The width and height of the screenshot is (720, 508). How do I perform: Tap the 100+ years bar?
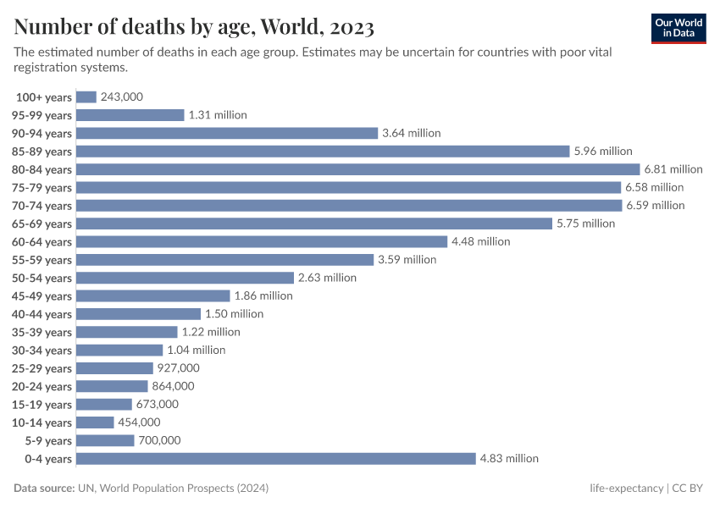click(87, 97)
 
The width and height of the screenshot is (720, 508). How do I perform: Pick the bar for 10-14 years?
click(96, 422)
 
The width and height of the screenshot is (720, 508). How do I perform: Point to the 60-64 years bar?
click(262, 241)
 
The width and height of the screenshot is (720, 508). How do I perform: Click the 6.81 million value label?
click(673, 169)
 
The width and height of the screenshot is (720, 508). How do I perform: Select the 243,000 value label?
click(122, 97)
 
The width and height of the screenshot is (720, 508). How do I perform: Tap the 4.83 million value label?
click(509, 458)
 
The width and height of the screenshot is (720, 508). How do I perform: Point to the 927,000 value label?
click(179, 368)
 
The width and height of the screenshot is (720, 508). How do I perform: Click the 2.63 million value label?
click(327, 278)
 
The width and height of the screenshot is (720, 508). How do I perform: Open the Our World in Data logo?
click(678, 28)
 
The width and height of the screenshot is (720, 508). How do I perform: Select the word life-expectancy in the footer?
click(626, 489)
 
